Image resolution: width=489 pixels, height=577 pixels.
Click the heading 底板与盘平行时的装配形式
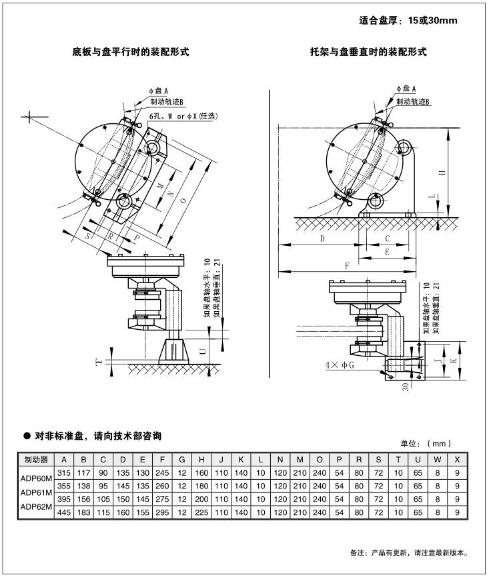(x=130, y=51)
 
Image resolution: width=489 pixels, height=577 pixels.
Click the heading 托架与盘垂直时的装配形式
(x=368, y=51)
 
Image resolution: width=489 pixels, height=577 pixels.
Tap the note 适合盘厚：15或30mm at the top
(x=408, y=21)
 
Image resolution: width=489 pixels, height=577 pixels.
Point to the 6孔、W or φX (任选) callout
(x=183, y=116)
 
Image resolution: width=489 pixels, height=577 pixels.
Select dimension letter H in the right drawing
(x=441, y=173)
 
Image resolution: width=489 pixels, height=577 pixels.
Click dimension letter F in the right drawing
(x=347, y=265)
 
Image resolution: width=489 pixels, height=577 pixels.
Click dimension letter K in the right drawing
(x=453, y=359)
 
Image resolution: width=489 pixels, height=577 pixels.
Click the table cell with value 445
(x=63, y=512)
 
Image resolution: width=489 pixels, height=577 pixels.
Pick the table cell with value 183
(x=83, y=512)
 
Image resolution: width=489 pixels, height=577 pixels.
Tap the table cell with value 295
(x=161, y=512)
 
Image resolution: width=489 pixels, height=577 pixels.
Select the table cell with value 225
(x=201, y=512)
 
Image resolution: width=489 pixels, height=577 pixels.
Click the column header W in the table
(x=437, y=460)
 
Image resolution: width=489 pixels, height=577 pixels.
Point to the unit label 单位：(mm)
(x=426, y=443)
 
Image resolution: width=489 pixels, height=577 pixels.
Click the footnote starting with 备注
(x=409, y=552)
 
